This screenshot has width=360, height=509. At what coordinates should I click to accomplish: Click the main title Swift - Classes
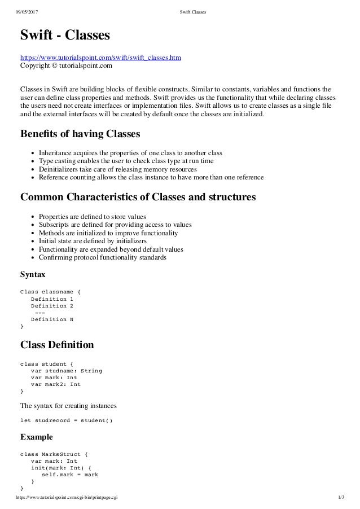(65, 36)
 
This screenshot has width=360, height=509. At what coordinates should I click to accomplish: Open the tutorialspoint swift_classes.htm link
(100, 58)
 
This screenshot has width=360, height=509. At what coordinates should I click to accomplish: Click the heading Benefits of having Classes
(80, 135)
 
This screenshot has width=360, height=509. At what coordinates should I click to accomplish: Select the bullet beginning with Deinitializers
(117, 169)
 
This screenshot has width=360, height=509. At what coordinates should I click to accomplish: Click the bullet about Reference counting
(151, 177)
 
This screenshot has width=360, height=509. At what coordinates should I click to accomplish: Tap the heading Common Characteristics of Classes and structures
(138, 198)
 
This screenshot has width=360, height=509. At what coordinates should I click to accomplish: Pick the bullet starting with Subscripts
(115, 225)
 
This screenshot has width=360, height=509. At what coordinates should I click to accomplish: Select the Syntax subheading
(32, 275)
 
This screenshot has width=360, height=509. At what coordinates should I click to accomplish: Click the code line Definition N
(52, 319)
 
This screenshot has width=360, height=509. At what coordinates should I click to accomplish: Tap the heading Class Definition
(57, 344)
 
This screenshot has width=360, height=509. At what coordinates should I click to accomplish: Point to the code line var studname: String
(67, 371)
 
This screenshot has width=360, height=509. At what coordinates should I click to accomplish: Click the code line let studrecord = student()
(67, 420)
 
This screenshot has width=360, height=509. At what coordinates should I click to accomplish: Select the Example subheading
(36, 437)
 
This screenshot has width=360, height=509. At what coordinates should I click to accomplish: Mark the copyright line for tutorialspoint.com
(66, 66)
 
